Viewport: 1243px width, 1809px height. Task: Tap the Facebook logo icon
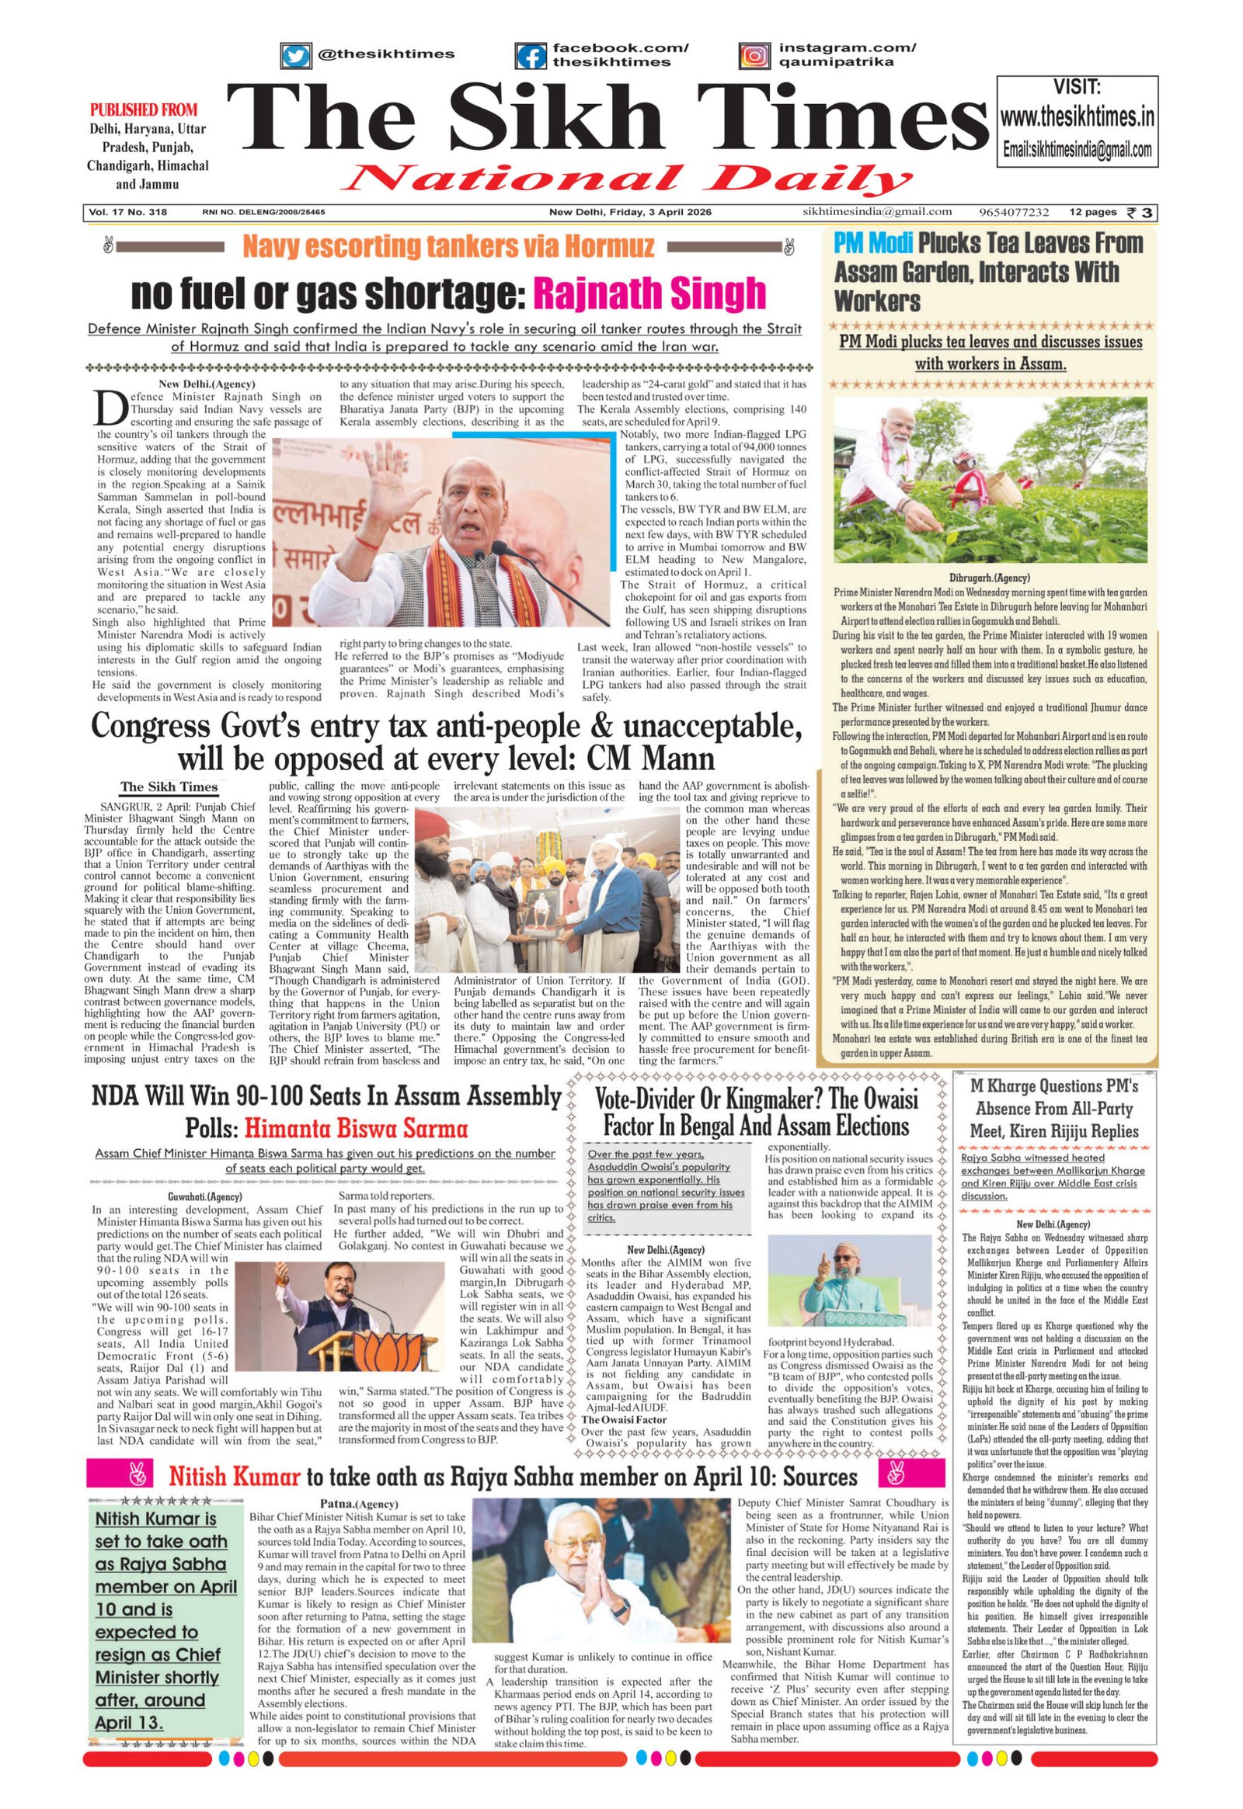(531, 56)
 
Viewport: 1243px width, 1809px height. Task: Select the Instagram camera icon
(754, 56)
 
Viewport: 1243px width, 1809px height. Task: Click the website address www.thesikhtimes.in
(1077, 117)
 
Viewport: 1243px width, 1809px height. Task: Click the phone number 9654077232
(1014, 213)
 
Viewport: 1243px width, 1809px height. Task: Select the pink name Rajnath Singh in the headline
(649, 293)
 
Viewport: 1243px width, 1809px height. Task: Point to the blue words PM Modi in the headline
(872, 244)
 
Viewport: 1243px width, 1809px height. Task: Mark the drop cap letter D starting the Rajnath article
(108, 406)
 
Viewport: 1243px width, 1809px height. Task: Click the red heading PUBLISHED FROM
(144, 109)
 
